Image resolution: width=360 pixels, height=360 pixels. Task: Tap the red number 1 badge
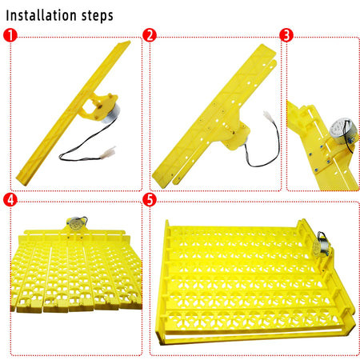coord(9,34)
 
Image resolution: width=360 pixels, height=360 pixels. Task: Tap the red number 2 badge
coord(149,34)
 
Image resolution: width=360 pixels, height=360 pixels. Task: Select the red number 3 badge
coord(286,34)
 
